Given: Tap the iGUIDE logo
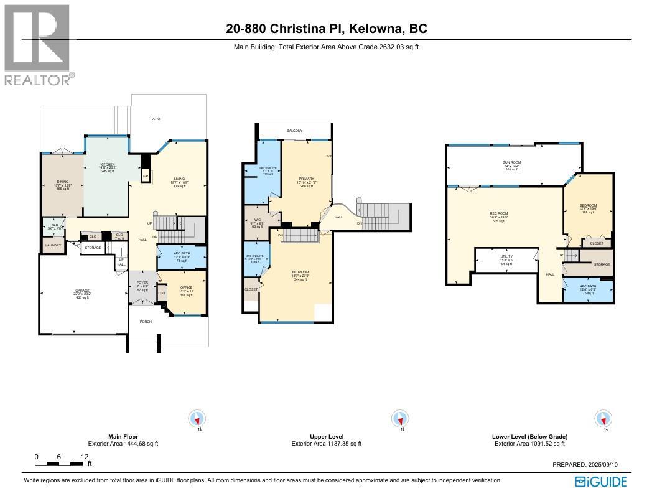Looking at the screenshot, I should pos(600,482).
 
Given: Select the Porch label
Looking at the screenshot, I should pos(146,322).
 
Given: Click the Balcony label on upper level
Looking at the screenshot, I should pos(294,131).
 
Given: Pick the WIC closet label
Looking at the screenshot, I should pos(257,220).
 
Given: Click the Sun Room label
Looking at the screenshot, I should pos(512,163).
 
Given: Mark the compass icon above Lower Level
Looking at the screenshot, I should pos(602,419).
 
